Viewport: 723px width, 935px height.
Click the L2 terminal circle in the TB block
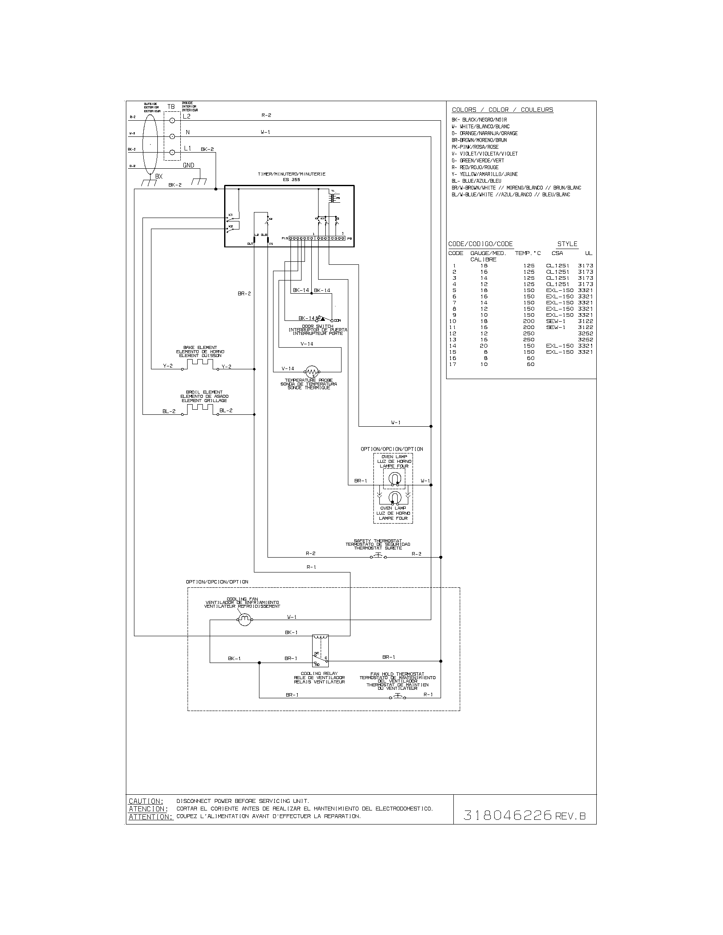[x=172, y=120]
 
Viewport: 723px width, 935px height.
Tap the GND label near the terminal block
[x=188, y=165]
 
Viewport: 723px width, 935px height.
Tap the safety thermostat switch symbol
[x=378, y=556]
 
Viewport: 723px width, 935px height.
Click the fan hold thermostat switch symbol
[x=398, y=696]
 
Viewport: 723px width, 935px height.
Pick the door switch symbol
[x=325, y=319]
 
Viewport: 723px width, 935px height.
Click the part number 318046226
[x=507, y=816]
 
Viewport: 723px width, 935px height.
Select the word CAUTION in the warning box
[x=146, y=801]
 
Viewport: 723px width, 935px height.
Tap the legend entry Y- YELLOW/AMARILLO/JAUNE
[x=484, y=174]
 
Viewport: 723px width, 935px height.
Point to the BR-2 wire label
[x=244, y=294]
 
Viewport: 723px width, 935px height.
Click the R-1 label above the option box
[x=311, y=567]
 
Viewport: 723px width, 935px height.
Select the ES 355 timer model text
[x=291, y=180]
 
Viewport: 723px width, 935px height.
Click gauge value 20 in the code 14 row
[x=484, y=346]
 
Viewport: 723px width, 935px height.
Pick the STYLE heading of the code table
[x=567, y=244]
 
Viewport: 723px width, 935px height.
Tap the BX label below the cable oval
[x=159, y=176]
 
